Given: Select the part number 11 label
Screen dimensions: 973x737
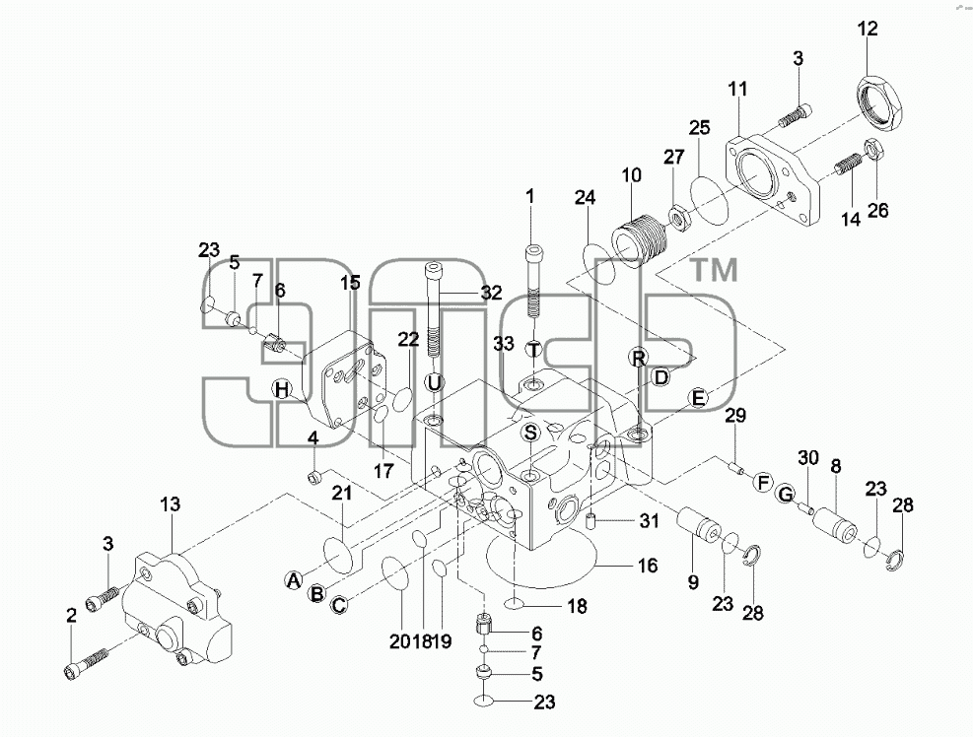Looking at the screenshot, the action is [737, 90].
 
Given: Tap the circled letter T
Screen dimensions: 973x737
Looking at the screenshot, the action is [534, 349].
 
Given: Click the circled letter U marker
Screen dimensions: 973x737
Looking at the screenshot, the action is [434, 382].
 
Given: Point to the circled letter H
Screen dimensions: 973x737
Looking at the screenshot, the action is [282, 389].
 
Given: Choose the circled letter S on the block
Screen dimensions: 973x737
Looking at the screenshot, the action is [530, 433].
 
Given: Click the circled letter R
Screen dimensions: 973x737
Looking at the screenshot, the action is [638, 358].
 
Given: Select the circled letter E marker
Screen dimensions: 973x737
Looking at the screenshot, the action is [699, 398].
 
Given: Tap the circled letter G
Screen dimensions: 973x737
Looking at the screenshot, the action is [786, 494].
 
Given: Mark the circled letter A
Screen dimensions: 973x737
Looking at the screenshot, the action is [294, 580].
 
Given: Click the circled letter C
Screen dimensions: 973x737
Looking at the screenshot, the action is [339, 604].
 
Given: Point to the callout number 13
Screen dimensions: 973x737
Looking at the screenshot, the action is [170, 503].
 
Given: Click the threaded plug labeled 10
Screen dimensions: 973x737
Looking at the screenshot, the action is [639, 240].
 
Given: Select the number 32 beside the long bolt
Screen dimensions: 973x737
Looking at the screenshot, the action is [492, 293].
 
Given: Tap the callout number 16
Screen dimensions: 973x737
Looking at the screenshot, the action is [648, 566].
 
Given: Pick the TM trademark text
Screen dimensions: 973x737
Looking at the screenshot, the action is [715, 270].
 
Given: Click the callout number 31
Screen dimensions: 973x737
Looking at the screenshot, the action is [649, 520].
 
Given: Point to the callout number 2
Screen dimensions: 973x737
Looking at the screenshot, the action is [71, 616].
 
